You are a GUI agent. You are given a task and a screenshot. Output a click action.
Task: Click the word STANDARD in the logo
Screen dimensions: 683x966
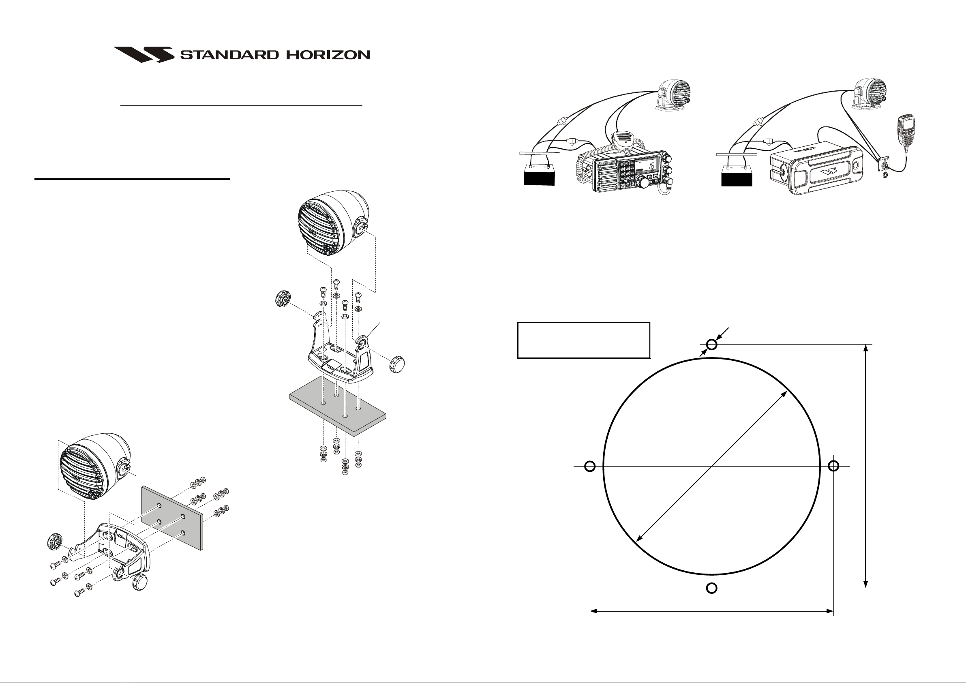pyautogui.click(x=229, y=55)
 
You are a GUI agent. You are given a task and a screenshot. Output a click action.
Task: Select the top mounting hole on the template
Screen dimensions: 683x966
pyautogui.click(x=711, y=345)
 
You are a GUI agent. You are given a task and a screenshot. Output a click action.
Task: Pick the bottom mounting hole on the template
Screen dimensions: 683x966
pyautogui.click(x=711, y=588)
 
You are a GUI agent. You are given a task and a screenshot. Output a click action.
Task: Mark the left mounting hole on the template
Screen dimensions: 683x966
pyautogui.click(x=590, y=466)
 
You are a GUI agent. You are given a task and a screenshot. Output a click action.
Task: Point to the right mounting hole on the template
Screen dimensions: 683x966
pyautogui.click(x=833, y=466)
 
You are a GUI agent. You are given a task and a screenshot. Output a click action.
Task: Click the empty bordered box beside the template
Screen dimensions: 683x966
pyautogui.click(x=584, y=340)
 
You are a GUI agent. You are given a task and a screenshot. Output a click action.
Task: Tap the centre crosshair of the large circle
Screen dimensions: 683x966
pyautogui.click(x=711, y=466)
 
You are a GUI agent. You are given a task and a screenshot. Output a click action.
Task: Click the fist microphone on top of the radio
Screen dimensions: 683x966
pyautogui.click(x=622, y=141)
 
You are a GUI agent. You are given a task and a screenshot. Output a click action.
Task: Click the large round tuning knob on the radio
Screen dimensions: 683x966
pyautogui.click(x=643, y=182)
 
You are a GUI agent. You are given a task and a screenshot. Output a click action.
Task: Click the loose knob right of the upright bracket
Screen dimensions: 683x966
pyautogui.click(x=397, y=362)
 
